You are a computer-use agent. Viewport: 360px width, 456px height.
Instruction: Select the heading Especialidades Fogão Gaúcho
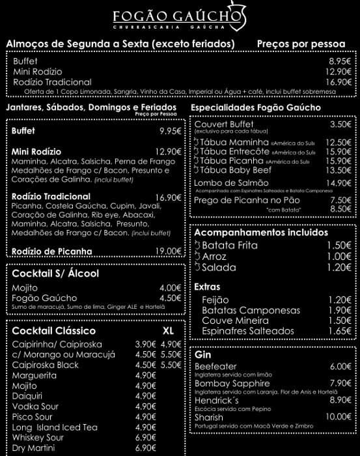256,107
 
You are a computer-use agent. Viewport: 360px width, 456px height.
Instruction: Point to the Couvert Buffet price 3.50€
340,124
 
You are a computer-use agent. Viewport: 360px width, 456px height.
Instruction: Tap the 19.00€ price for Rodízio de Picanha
168,251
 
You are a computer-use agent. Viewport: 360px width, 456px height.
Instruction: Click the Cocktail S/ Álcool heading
55,274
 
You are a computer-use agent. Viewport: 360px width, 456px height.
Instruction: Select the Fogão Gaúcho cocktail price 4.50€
171,298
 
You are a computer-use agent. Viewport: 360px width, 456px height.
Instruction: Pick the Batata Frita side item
230,246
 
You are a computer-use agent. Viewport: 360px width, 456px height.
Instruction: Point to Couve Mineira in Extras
235,321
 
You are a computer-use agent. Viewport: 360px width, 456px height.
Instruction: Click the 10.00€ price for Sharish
339,417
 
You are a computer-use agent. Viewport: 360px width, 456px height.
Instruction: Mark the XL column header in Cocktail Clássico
168,331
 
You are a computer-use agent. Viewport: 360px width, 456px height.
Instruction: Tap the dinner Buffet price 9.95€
170,131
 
